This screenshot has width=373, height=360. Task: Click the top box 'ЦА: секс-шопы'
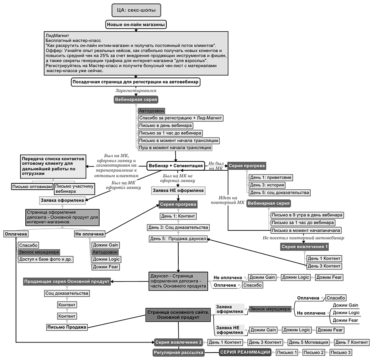tap(136, 10)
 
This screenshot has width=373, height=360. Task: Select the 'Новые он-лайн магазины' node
tap(136, 25)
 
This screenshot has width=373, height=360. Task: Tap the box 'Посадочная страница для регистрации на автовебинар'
tap(136, 82)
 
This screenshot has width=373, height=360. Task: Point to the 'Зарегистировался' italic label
tap(136, 91)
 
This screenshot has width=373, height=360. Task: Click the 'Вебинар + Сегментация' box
tap(176, 165)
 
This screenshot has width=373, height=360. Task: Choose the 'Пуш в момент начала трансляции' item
tap(175, 148)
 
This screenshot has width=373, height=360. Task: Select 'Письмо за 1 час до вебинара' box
tap(170, 133)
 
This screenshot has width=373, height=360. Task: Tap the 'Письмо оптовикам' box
tap(32, 187)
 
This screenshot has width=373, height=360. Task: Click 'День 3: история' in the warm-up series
tap(267, 185)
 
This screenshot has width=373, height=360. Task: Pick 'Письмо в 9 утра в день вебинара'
tap(307, 215)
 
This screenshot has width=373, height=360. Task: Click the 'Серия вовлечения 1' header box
tap(304, 247)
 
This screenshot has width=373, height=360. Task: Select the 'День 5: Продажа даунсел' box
tap(178, 239)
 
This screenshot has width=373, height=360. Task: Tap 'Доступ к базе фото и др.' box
tap(46, 259)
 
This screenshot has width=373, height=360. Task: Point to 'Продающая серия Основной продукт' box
tap(67, 282)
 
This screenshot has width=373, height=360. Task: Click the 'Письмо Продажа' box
tap(67, 327)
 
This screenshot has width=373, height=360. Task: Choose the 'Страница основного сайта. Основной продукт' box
tap(178, 315)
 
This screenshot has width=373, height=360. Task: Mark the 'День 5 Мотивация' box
tap(308, 342)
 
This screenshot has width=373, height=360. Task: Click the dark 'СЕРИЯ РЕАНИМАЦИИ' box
tap(245, 352)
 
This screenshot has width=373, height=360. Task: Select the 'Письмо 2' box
tap(314, 353)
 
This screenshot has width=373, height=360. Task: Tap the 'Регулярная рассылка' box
tap(178, 353)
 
